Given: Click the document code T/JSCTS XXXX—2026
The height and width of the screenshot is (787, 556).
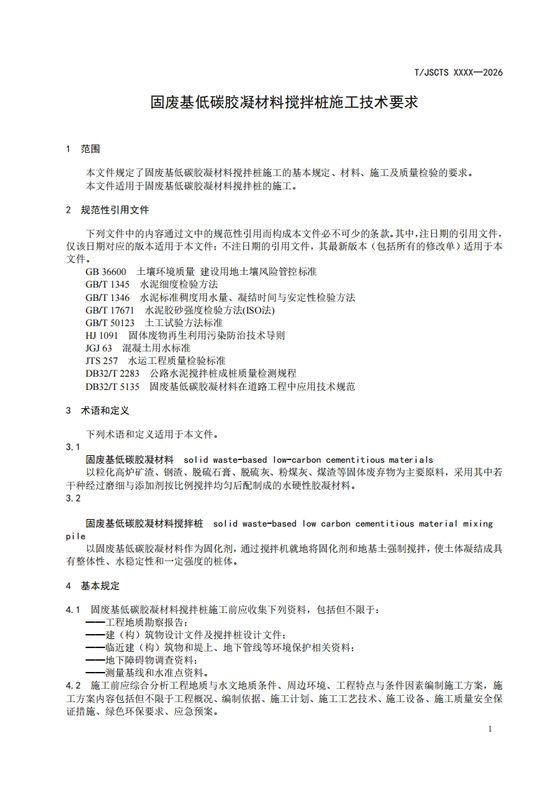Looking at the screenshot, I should [459, 72].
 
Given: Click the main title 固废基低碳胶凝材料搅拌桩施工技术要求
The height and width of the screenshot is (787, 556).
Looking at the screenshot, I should [285, 102].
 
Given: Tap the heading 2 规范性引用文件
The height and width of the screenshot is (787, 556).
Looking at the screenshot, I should [107, 210].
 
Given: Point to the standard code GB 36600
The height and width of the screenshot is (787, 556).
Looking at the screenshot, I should [106, 271].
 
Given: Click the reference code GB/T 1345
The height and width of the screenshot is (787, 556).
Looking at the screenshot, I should [108, 284].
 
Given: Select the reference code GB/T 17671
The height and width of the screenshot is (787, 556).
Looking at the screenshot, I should [110, 309].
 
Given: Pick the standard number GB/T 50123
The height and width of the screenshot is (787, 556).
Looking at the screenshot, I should [110, 323].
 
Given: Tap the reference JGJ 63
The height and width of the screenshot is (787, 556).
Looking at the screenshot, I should [99, 348].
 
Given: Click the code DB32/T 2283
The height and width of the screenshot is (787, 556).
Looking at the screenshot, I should [113, 373].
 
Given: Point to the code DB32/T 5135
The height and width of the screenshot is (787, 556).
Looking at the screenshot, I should [113, 386].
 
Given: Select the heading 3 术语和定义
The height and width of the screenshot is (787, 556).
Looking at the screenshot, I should [97, 410].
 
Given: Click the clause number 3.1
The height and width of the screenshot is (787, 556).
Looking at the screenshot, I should [72, 447].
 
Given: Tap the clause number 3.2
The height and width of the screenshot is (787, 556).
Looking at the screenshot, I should [72, 498].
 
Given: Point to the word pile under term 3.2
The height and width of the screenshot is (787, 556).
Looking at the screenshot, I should [76, 536].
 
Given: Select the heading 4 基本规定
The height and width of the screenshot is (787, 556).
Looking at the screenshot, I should [93, 586].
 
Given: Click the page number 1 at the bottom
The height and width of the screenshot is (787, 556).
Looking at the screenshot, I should [490, 729].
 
